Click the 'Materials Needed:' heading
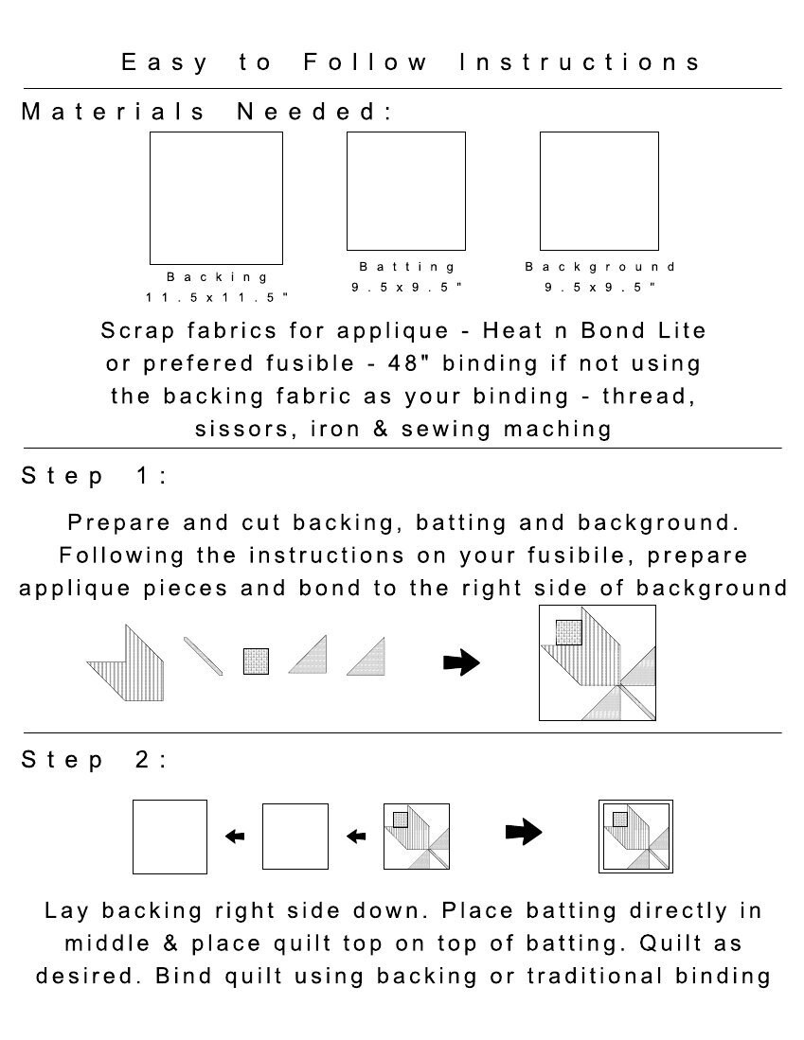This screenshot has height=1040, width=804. [x=207, y=112]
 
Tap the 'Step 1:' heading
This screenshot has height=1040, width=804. [x=95, y=476]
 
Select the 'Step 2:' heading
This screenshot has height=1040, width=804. [x=95, y=760]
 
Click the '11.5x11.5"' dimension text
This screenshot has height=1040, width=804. [x=217, y=298]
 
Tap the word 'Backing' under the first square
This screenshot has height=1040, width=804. [x=217, y=277]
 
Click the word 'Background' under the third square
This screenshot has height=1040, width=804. [x=600, y=267]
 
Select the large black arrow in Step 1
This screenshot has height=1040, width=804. [x=461, y=661]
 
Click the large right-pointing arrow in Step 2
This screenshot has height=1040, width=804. [x=524, y=832]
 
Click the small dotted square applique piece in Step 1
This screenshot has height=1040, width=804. [x=257, y=661]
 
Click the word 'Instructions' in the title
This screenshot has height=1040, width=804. [x=580, y=62]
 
